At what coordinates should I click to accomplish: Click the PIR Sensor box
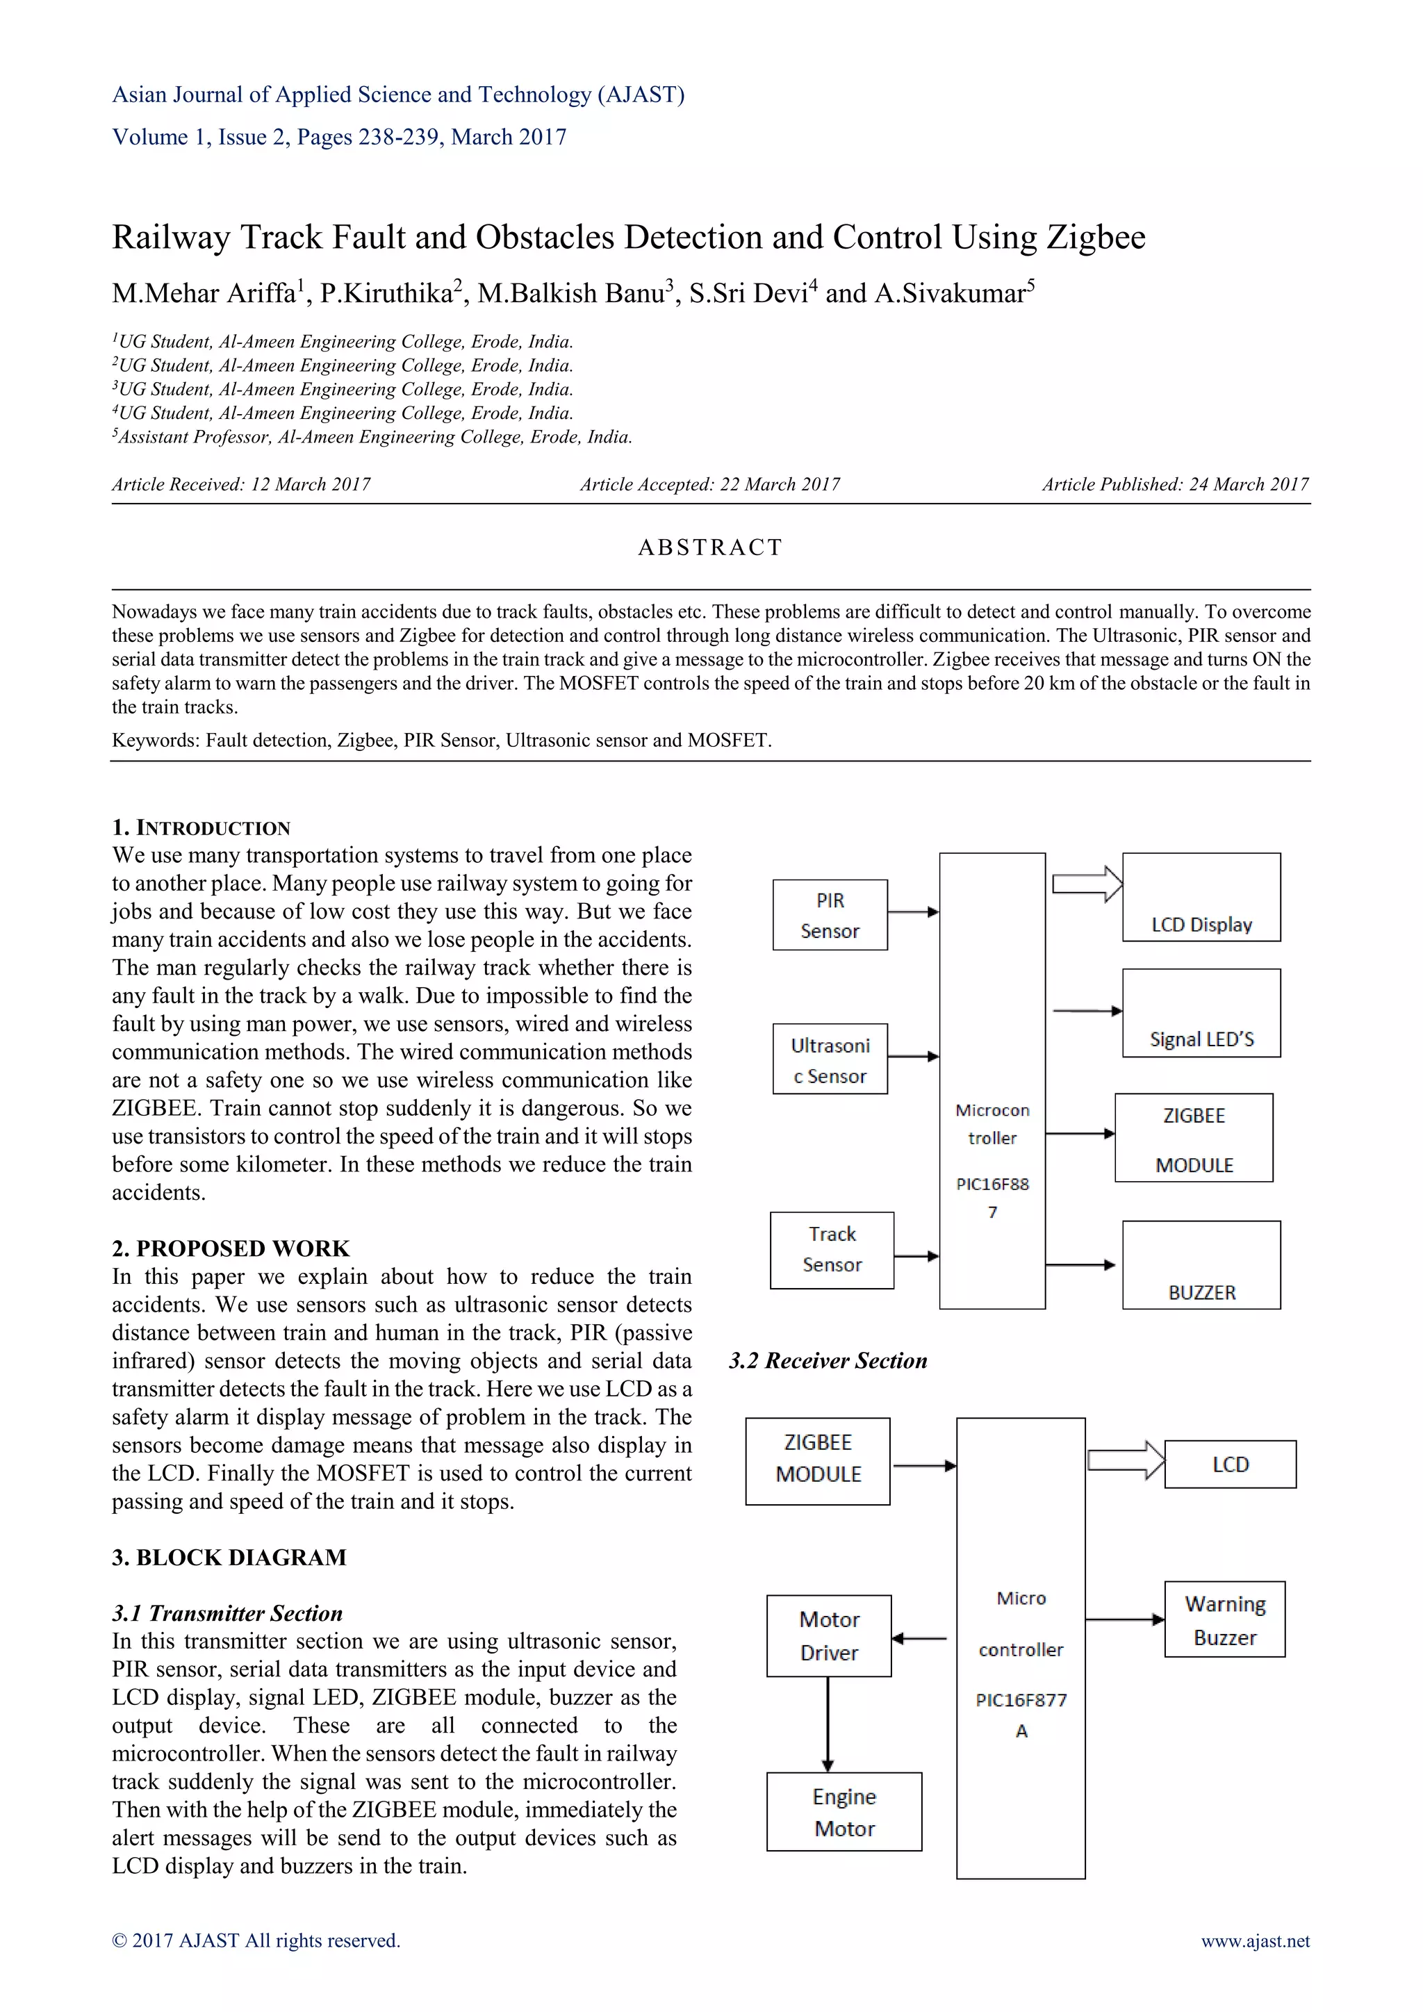830,915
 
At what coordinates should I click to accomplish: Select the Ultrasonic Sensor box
830,1059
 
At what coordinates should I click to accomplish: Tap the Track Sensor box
832,1250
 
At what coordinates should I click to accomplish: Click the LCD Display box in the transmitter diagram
1201,898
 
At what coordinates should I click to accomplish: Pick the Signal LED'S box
1201,1013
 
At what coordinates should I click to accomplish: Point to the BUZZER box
1201,1264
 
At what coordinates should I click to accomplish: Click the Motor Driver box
829,1635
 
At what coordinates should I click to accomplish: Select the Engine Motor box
844,1811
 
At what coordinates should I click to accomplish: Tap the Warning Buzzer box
1224,1619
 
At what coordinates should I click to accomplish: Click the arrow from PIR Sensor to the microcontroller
913,912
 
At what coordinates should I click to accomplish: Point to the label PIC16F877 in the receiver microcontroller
1021,1700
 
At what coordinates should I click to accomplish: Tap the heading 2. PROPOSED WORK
231,1248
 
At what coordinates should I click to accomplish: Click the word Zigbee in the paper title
1096,238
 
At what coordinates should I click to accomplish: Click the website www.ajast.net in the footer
1255,1941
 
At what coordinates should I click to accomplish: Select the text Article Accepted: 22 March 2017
709,485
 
